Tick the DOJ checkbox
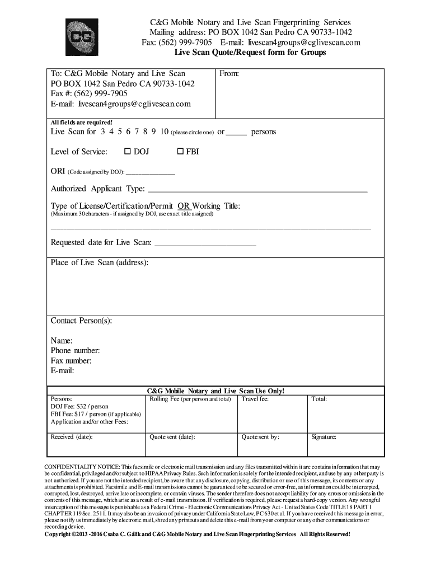(127, 152)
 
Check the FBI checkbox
(181, 152)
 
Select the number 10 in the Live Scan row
(164, 132)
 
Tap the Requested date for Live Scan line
(205, 245)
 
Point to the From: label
(230, 73)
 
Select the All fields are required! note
(82, 122)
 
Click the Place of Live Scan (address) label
(100, 263)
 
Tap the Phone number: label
(76, 351)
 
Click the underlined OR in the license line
(184, 206)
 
